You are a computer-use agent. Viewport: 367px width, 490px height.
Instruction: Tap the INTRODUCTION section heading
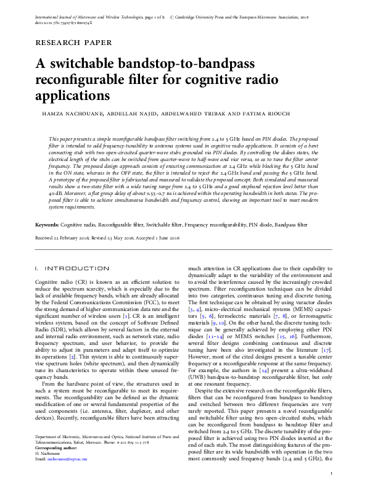[78, 269]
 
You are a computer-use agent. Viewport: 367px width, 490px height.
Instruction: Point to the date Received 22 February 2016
[68, 238]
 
